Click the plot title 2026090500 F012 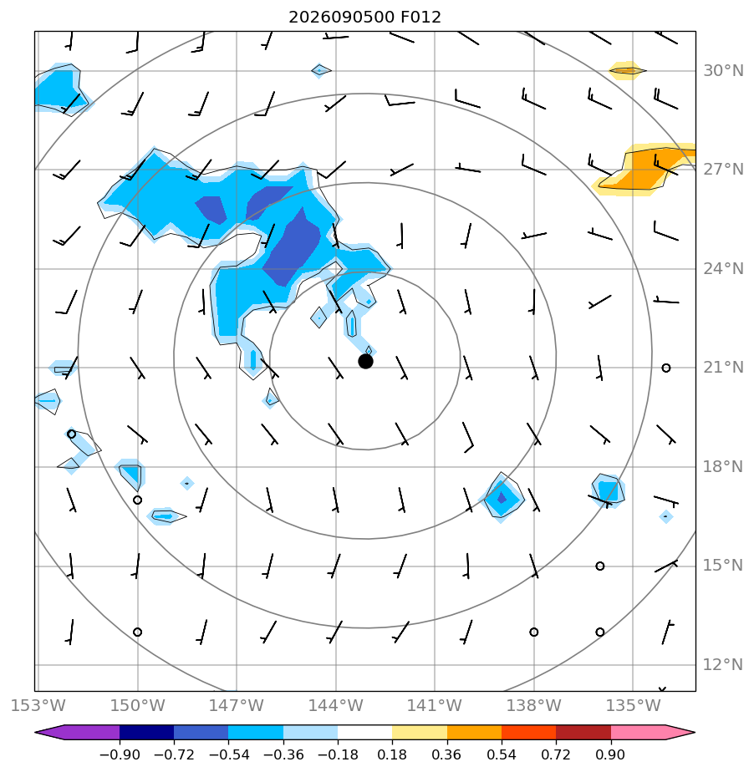click(x=364, y=18)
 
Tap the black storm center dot click(x=365, y=362)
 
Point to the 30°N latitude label click(x=723, y=71)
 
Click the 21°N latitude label click(x=723, y=368)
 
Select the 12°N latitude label click(x=723, y=665)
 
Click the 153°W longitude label click(x=38, y=705)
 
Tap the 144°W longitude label click(x=336, y=705)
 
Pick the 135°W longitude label click(x=633, y=705)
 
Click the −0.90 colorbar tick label click(x=120, y=754)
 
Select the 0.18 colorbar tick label click(x=392, y=754)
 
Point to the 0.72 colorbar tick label click(x=556, y=754)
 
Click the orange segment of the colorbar click(x=474, y=732)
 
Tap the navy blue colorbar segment click(x=147, y=732)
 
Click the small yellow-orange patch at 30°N click(x=627, y=71)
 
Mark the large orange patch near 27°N click(x=645, y=170)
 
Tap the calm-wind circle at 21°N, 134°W click(x=666, y=368)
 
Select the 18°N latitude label click(x=723, y=467)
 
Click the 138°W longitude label click(x=534, y=705)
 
